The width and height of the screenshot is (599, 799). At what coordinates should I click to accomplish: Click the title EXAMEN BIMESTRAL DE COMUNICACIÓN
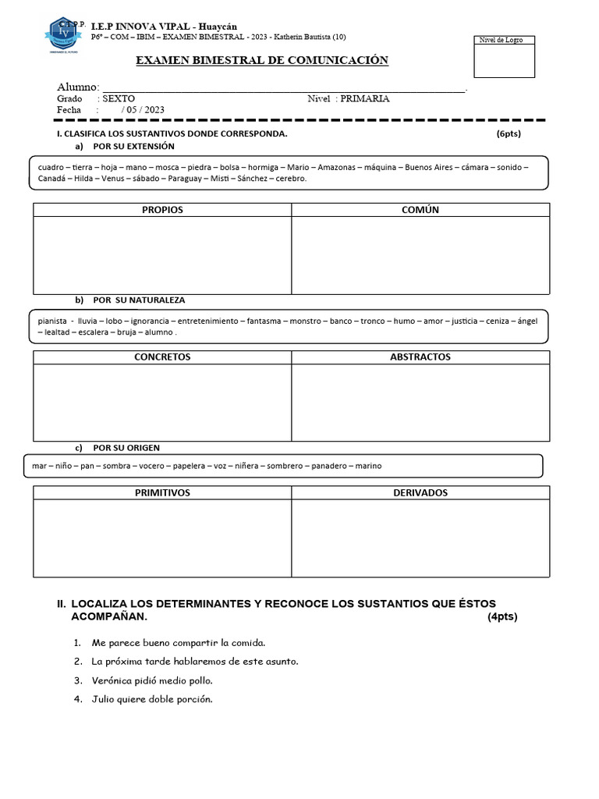point(262,61)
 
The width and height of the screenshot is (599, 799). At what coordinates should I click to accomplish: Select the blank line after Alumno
point(284,87)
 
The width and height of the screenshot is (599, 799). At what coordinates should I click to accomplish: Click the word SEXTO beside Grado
point(119,99)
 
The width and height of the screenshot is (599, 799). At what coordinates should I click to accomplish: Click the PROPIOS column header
point(162,210)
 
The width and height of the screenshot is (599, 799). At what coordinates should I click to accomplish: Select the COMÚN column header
point(420,210)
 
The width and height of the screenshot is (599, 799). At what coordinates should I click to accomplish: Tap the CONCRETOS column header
point(162,357)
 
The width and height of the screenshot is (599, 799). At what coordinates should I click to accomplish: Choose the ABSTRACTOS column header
point(420,357)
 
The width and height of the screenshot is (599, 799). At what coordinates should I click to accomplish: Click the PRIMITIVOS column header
point(162,493)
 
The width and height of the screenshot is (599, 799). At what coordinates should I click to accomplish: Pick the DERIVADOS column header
point(420,493)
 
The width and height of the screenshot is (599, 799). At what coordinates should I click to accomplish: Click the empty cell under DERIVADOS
point(420,538)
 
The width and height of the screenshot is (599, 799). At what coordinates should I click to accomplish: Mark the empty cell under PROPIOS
point(162,255)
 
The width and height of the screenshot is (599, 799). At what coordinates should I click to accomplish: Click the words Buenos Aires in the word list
point(429,167)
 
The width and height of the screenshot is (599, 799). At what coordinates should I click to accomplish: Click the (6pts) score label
point(508,134)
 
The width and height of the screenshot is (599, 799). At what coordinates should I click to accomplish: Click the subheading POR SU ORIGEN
point(126,448)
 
